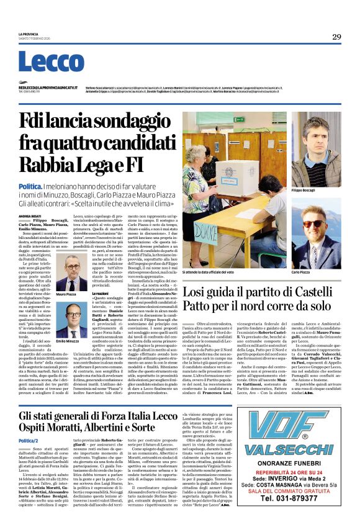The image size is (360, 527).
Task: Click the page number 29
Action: [x=336, y=37]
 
